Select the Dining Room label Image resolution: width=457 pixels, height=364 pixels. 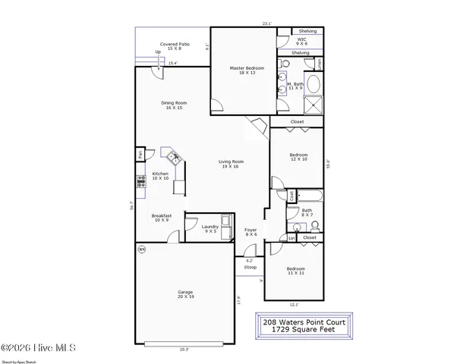[174, 105]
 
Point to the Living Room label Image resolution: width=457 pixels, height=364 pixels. [231, 164]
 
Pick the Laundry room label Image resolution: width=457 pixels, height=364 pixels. [210, 228]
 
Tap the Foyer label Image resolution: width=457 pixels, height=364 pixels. [251, 231]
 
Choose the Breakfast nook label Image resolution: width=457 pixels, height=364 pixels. [162, 218]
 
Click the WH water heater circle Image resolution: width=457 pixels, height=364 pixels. [141, 249]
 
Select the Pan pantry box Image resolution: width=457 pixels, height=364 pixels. [140, 155]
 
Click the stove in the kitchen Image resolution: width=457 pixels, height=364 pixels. [140, 180]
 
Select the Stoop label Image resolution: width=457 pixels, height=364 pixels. [250, 268]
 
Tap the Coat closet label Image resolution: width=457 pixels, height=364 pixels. [291, 196]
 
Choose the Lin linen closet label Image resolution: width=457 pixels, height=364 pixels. [292, 238]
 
